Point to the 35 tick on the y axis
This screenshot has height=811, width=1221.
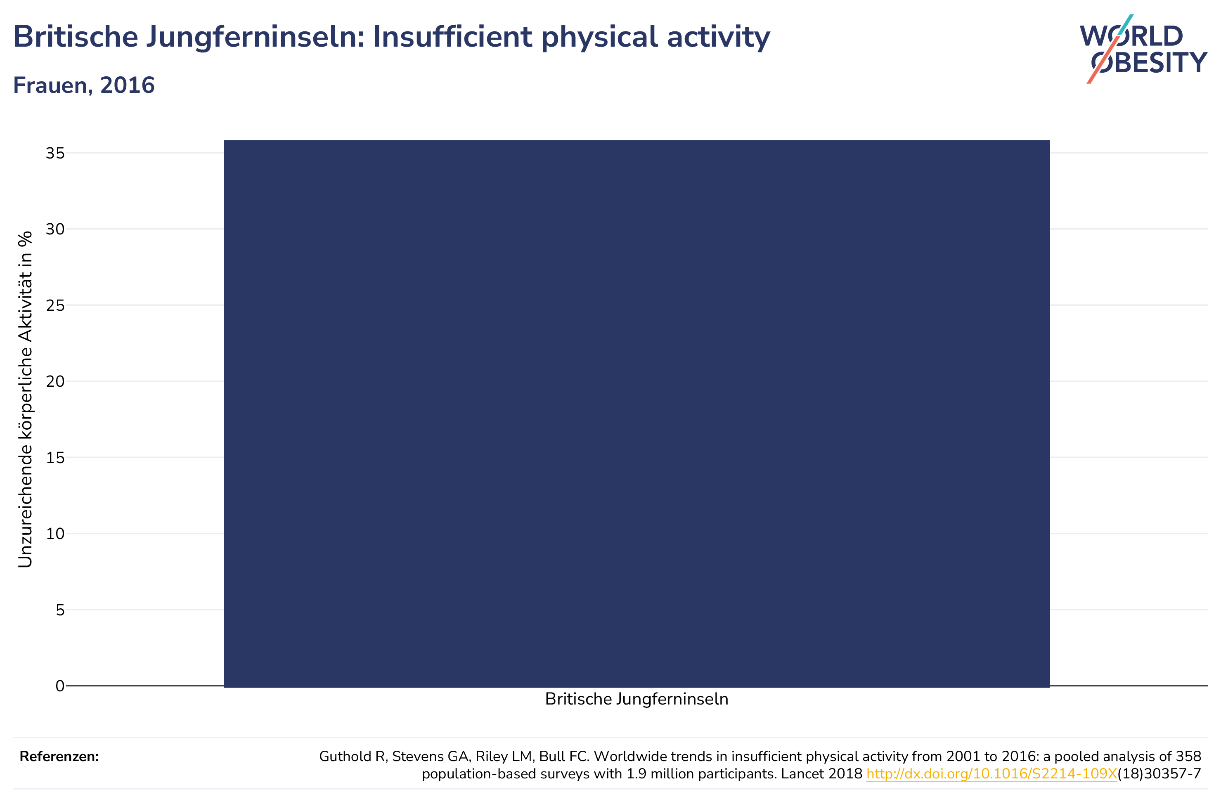pyautogui.click(x=55, y=153)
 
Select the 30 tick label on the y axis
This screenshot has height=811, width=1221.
pyautogui.click(x=55, y=229)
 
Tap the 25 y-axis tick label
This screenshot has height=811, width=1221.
pyautogui.click(x=55, y=305)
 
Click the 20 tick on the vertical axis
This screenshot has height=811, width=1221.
pyautogui.click(x=55, y=381)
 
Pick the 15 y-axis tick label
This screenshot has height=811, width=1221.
pyautogui.click(x=55, y=457)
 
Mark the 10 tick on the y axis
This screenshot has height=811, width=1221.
pyautogui.click(x=55, y=533)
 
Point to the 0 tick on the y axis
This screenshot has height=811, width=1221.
pyautogui.click(x=60, y=686)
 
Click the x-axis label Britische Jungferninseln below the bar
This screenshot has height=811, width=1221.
pyautogui.click(x=637, y=699)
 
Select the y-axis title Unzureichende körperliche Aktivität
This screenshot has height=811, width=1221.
pyautogui.click(x=25, y=399)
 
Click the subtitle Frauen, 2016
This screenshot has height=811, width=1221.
pyautogui.click(x=84, y=85)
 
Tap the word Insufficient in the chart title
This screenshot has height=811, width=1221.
pyautogui.click(x=453, y=37)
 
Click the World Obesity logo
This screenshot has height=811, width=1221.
pyautogui.click(x=1143, y=49)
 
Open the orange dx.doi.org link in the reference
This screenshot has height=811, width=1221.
pyautogui.click(x=991, y=774)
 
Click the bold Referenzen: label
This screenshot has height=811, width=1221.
pyautogui.click(x=59, y=757)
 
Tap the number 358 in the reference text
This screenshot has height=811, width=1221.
pyautogui.click(x=1188, y=756)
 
